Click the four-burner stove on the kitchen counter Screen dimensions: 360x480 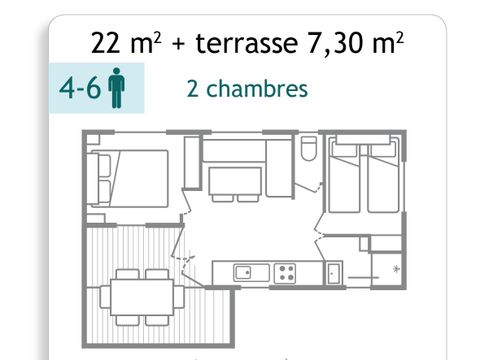(x=287, y=271)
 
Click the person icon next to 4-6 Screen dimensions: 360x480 (x=117, y=89)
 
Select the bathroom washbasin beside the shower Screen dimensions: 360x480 (x=334, y=271)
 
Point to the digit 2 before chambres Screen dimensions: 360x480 (x=192, y=88)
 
